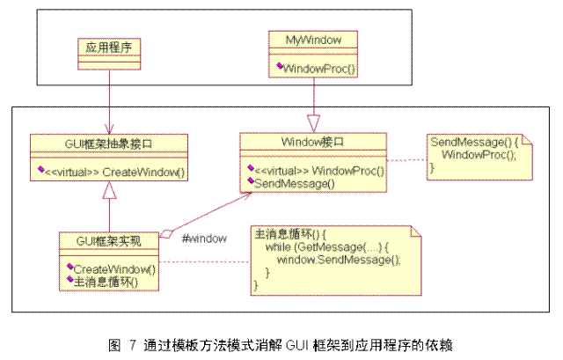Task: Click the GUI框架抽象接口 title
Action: (x=108, y=142)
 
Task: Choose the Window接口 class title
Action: (x=315, y=141)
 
